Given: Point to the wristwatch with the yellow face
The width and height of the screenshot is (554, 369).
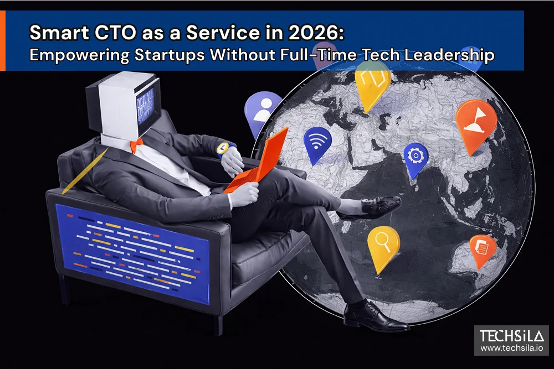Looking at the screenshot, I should [223, 148].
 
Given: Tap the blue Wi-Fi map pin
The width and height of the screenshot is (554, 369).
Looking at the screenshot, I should [317, 143].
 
